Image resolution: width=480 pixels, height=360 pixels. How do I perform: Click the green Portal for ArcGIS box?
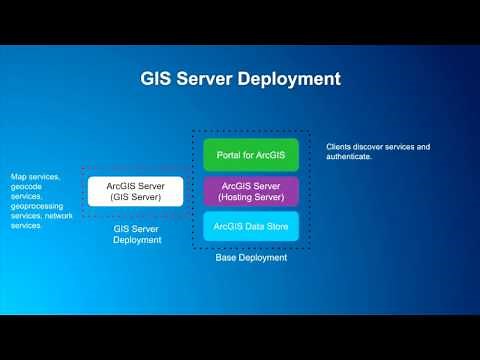pyautogui.click(x=251, y=155)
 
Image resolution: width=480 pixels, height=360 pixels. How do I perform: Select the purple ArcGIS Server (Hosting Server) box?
pyautogui.click(x=251, y=191)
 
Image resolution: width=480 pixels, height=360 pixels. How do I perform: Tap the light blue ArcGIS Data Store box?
pyautogui.click(x=251, y=225)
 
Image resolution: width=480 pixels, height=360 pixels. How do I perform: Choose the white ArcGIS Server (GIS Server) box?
pyautogui.click(x=136, y=191)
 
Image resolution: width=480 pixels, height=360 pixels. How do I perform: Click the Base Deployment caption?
pyautogui.click(x=251, y=257)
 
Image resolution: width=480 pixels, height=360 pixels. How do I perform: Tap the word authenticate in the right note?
pyautogui.click(x=351, y=156)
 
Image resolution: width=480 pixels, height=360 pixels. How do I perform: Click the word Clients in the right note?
pyautogui.click(x=339, y=146)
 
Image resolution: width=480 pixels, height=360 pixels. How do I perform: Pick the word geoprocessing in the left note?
pyautogui.click(x=37, y=206)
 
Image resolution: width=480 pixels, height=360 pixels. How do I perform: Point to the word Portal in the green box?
pyautogui.click(x=230, y=155)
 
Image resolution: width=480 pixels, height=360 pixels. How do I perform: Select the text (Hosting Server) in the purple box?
pyautogui.click(x=251, y=196)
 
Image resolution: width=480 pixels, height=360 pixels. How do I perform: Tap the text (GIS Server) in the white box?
pyautogui.click(x=136, y=196)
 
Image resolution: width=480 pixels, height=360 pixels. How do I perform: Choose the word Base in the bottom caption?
pyautogui.click(x=226, y=257)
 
